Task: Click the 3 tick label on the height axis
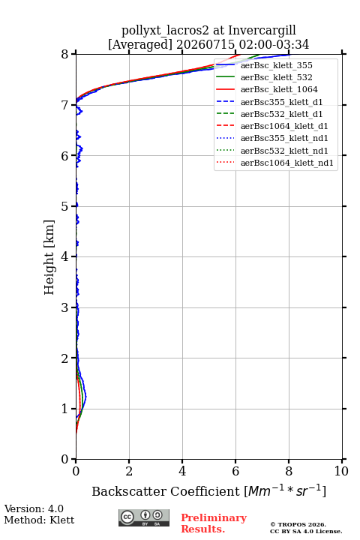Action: tap(65, 307)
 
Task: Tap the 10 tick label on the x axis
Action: tap(341, 471)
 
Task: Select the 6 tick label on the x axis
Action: tap(235, 471)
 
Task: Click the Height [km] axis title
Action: tap(49, 257)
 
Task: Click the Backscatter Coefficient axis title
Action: tap(208, 490)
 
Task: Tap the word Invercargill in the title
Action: tap(262, 31)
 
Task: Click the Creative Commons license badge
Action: tap(144, 517)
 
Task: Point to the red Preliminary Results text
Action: tap(214, 523)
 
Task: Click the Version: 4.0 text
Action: tap(34, 508)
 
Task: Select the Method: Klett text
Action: tap(39, 520)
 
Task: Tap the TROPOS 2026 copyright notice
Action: tap(298, 524)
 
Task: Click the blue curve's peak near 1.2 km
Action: tap(86, 397)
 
